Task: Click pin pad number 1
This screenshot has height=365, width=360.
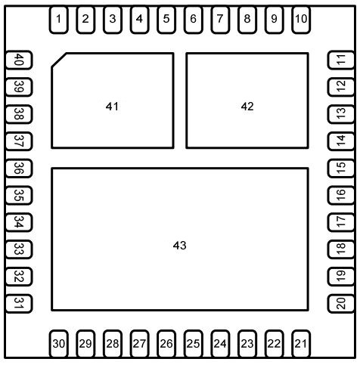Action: tap(58, 20)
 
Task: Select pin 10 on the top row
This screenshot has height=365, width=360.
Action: tap(301, 20)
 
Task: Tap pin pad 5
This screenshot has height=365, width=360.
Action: tap(166, 20)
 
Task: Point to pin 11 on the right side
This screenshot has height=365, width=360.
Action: tap(341, 60)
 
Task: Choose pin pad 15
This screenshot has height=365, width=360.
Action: tap(341, 168)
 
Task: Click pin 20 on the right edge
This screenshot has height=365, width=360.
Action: tap(341, 303)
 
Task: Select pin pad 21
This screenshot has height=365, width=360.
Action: tap(301, 344)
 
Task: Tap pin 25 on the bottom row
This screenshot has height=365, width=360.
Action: tap(193, 344)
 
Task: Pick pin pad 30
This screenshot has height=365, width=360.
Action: tap(58, 344)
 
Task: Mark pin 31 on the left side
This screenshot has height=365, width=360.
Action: tap(19, 303)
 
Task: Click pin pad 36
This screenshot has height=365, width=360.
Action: tap(19, 168)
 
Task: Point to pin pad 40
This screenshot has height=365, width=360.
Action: tap(19, 60)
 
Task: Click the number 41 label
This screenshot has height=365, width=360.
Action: tap(112, 107)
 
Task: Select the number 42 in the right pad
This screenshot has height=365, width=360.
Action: tap(247, 107)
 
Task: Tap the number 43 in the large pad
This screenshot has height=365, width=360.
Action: tap(179, 246)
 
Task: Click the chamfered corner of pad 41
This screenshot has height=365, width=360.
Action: tap(59, 60)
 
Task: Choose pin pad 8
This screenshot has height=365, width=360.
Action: tap(247, 20)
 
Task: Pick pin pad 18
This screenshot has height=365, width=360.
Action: tap(341, 249)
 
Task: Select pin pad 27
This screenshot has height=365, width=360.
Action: tap(139, 344)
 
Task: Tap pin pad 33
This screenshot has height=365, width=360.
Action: tap(19, 249)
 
